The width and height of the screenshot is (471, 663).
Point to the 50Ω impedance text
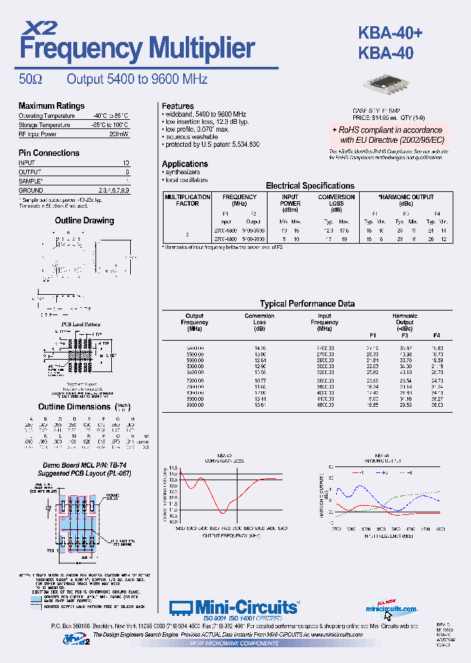31,79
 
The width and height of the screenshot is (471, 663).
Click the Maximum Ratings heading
51,105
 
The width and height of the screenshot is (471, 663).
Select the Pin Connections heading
48,153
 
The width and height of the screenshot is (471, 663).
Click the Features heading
178,105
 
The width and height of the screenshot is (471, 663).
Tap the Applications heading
185,164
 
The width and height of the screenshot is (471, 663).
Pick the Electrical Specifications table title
309,185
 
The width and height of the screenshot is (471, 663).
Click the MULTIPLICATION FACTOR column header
187,200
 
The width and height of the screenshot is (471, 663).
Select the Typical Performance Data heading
307,303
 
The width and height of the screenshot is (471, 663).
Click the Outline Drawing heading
84,221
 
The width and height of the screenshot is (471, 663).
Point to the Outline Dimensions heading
74,406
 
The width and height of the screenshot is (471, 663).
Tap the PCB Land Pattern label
81,324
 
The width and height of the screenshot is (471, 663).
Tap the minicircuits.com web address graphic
391,609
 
